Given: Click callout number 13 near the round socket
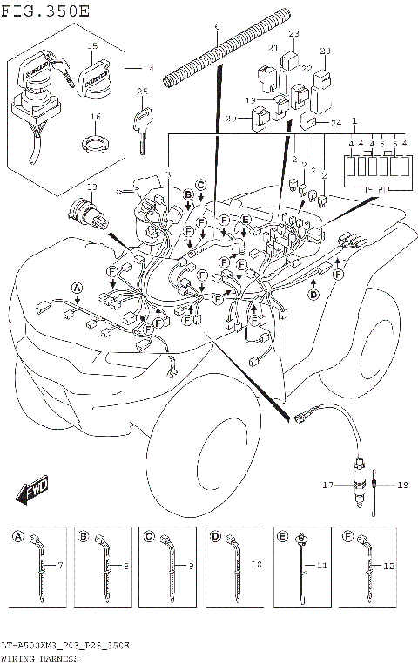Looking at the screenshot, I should point(91,187).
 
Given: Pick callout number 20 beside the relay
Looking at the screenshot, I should point(232,119).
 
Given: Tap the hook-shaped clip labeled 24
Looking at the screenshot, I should point(310,123).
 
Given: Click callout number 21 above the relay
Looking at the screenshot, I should point(273,48).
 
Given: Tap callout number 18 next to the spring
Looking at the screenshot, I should point(401,485).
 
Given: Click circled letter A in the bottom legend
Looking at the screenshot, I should point(18,537).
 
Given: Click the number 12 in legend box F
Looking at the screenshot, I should point(388,566).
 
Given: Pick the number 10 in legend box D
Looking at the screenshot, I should point(256,566).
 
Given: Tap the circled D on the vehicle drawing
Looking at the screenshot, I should point(312,294).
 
